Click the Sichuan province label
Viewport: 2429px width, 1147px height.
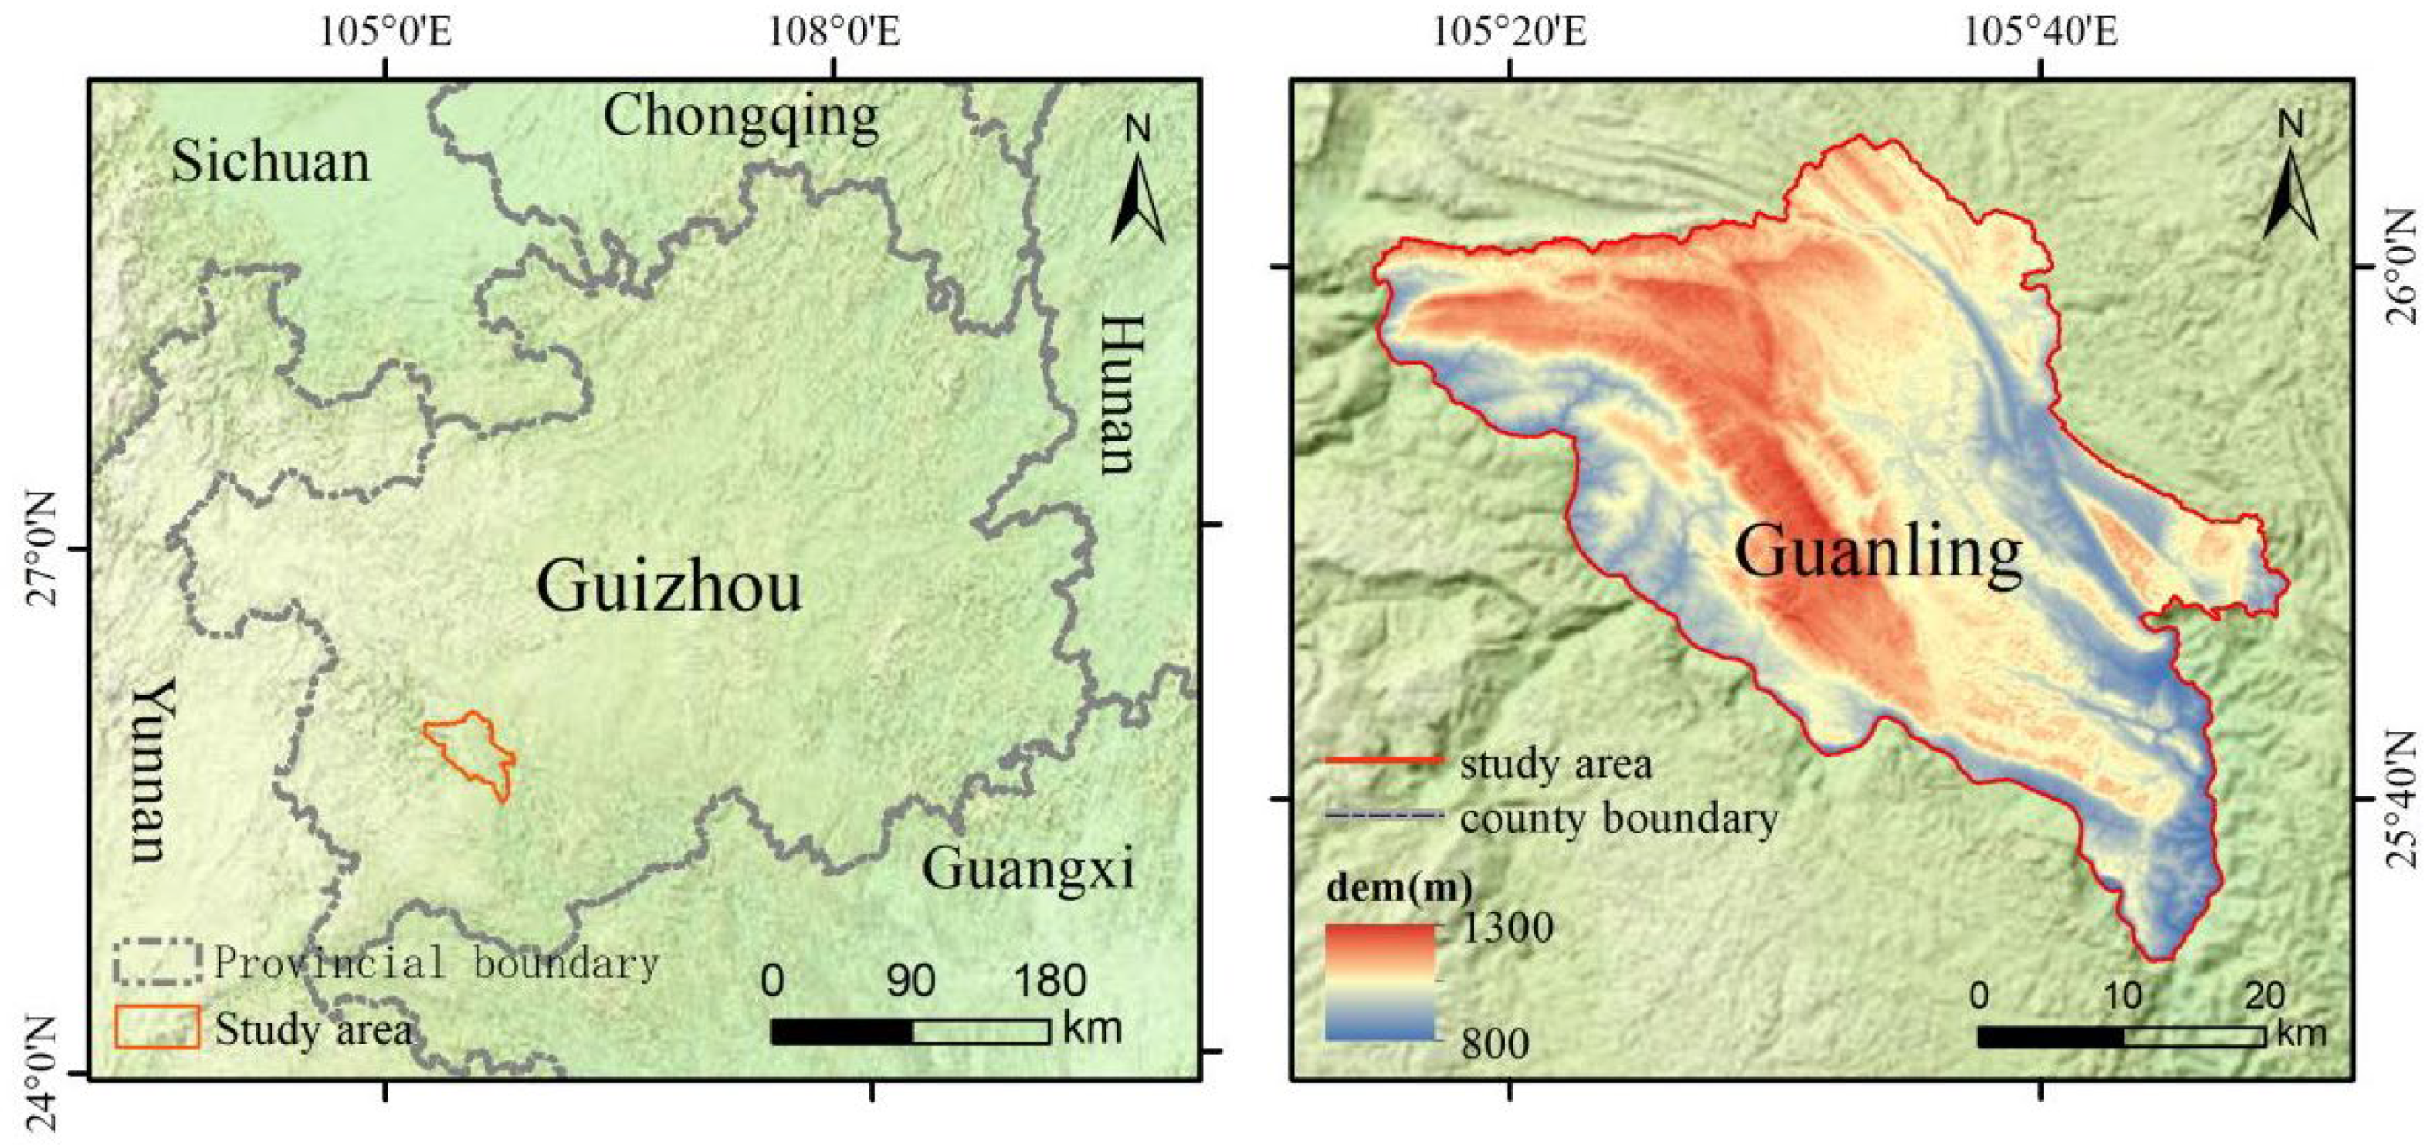click(x=270, y=162)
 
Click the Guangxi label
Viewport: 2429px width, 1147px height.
click(x=1027, y=868)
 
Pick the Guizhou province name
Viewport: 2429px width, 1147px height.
click(x=669, y=587)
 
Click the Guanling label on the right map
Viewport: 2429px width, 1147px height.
click(x=1878, y=552)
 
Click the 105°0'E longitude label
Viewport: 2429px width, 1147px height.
click(x=386, y=32)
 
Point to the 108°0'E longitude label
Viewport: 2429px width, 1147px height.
click(x=833, y=32)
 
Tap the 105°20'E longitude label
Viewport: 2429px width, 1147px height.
click(x=1511, y=32)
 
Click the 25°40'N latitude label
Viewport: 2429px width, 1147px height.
click(x=2403, y=800)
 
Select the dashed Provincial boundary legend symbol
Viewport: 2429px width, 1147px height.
click(x=157, y=961)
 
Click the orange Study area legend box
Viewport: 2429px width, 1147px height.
click(x=157, y=1026)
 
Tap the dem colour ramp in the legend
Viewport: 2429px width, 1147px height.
click(x=1380, y=982)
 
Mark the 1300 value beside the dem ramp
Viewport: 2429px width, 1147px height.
click(x=1506, y=928)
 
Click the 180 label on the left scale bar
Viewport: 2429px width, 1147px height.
click(x=1050, y=981)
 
